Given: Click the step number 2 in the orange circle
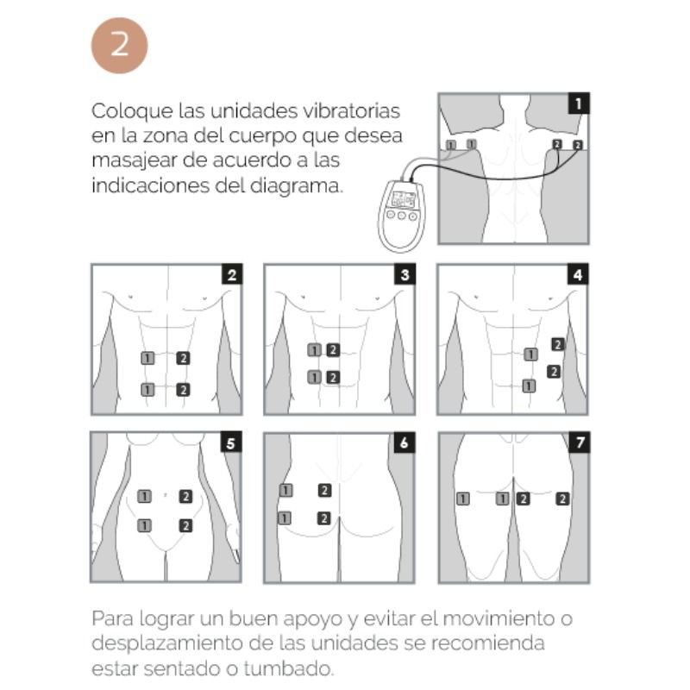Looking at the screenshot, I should click(119, 44).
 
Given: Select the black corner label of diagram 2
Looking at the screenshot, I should click(231, 275).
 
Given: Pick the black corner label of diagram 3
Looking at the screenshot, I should click(404, 275).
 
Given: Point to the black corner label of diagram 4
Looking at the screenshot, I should click(578, 275).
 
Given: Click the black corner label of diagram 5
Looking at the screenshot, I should click(230, 443).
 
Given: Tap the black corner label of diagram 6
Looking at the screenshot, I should click(404, 443).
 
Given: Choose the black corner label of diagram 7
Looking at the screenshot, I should click(578, 443).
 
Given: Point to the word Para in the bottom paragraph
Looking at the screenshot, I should click(112, 619).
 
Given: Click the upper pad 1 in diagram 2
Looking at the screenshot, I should click(147, 357).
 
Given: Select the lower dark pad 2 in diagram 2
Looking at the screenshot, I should click(183, 390).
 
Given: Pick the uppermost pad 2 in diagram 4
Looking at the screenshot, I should click(558, 344).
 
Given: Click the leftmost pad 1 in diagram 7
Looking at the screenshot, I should click(463, 498).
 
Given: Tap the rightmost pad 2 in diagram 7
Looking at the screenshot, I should click(562, 498).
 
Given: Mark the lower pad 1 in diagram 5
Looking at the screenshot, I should click(145, 524).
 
